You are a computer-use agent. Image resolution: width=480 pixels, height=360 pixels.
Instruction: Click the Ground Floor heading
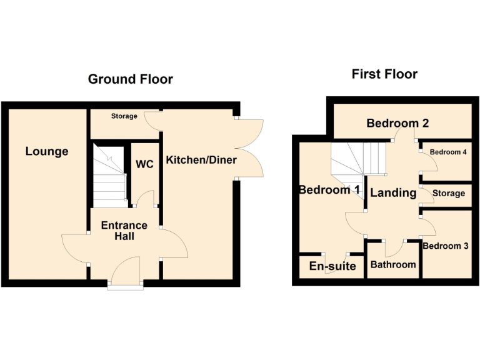(x=130, y=79)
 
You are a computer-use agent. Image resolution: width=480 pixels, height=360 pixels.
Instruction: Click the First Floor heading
(x=384, y=74)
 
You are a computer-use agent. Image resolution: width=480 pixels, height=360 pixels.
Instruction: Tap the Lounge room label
(x=47, y=151)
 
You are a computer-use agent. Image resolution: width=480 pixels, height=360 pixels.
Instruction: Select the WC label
(x=144, y=164)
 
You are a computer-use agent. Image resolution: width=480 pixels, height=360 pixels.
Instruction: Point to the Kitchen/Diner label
(x=201, y=160)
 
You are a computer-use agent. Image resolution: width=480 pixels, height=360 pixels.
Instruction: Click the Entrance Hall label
(x=124, y=231)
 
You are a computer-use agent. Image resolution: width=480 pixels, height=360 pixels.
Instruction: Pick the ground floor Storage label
(x=124, y=116)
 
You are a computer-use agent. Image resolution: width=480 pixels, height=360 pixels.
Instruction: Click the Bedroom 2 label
(x=397, y=123)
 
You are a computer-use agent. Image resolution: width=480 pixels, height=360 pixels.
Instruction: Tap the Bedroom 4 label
(x=448, y=152)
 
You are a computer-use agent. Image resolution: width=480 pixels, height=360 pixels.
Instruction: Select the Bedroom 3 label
(x=446, y=246)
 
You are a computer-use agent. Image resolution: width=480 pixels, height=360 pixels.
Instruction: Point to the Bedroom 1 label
(x=329, y=189)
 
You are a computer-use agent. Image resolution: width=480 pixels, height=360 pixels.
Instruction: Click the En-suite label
(x=332, y=266)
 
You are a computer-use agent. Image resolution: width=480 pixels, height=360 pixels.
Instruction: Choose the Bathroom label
(x=393, y=264)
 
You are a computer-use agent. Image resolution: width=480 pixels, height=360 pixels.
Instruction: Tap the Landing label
(x=393, y=192)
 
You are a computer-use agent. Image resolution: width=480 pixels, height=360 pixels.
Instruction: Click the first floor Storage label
(x=448, y=193)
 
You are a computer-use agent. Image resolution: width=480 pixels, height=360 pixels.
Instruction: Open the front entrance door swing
(x=126, y=272)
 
